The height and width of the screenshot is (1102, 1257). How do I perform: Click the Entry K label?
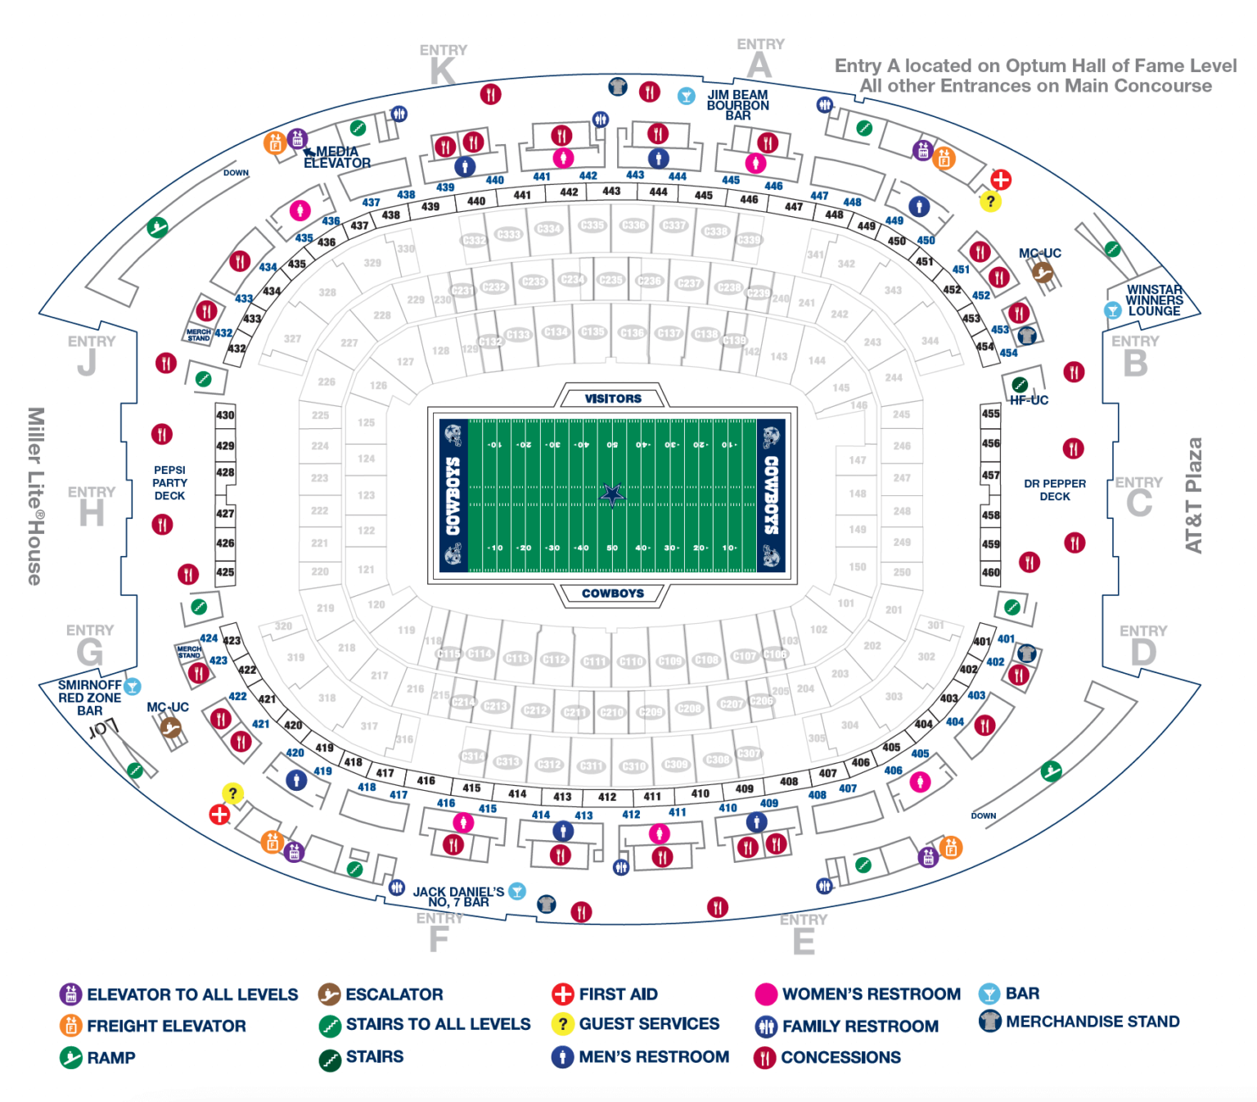[x=443, y=65]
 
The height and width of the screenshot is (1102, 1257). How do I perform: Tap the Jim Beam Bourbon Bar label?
[x=737, y=106]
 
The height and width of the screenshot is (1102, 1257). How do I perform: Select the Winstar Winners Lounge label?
[x=1154, y=300]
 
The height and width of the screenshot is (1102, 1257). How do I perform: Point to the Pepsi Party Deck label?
[x=169, y=483]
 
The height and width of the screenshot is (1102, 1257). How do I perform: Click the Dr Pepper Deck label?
[x=1055, y=490]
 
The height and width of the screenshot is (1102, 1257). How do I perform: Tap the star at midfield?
[x=612, y=495]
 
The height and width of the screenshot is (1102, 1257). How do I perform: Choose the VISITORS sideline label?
[x=613, y=399]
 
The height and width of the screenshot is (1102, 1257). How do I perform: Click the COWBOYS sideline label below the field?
[x=613, y=594]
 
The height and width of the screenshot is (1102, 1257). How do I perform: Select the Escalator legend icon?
[x=329, y=994]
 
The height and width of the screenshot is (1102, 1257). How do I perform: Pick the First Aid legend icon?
[x=563, y=994]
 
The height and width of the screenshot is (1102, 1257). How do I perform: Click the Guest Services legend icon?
[x=563, y=1024]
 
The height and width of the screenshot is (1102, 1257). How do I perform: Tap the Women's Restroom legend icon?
[x=765, y=994]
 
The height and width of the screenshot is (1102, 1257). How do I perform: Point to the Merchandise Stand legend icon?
[x=990, y=1022]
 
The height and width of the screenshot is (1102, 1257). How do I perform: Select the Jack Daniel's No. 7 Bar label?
[x=458, y=897]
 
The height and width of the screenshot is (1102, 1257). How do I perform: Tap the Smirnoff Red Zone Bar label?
[x=89, y=698]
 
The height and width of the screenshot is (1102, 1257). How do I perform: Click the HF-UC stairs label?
[x=1029, y=400]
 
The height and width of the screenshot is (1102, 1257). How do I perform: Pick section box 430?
[x=225, y=415]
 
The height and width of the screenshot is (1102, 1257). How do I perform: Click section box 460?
[x=990, y=572]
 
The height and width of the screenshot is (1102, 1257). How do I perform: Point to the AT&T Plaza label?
[x=1194, y=495]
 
